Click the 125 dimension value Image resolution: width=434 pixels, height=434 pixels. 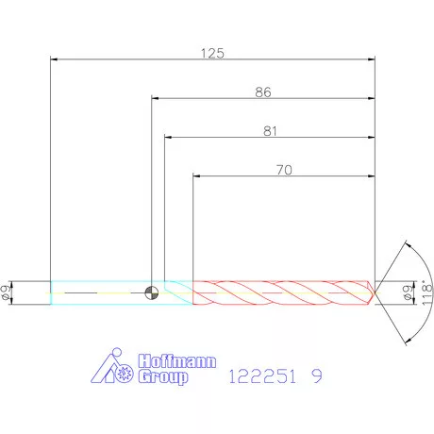tap(212, 53)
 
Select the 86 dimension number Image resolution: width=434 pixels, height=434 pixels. tap(263, 92)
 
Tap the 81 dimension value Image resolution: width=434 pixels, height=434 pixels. tap(270, 131)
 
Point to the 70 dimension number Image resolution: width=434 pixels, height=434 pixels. tap(284, 170)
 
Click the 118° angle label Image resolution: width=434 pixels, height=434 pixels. tap(426, 292)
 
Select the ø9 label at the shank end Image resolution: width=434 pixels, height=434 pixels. tap(6, 292)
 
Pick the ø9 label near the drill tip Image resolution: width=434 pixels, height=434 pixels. tap(408, 292)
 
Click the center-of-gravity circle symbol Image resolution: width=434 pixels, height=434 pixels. tap(152, 293)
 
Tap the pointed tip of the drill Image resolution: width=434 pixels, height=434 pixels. tap(375, 293)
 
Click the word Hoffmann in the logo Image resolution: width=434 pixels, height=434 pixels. tap(177, 361)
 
